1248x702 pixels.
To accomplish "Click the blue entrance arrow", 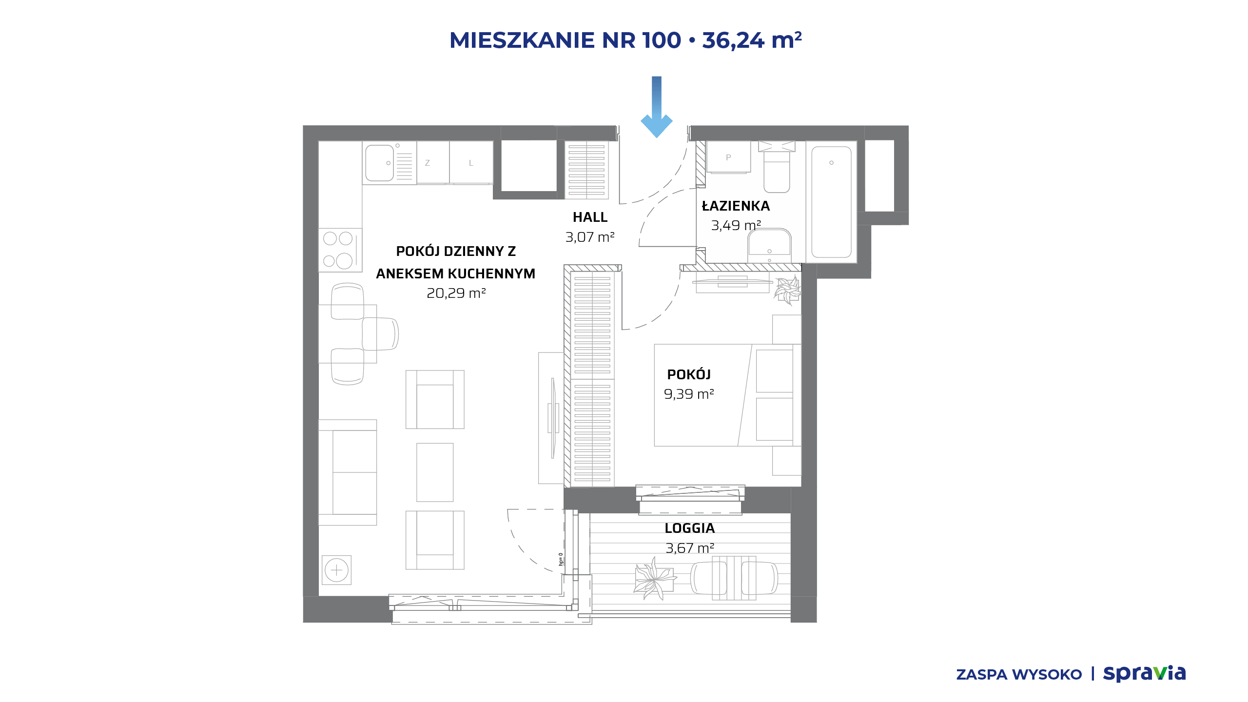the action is tap(657, 107).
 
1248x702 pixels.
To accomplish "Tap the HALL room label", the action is tap(590, 217).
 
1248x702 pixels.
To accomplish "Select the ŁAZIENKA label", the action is tap(736, 206).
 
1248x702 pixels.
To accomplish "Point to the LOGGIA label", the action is tap(690, 528).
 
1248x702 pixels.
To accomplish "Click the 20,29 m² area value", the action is tap(456, 293).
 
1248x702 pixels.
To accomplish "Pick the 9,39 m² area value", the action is tap(689, 394).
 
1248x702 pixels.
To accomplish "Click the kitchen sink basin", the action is tap(379, 163).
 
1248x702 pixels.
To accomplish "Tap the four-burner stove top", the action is tap(340, 250).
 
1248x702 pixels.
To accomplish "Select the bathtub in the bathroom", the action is tap(831, 202).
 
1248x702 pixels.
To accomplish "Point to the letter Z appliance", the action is tap(428, 163).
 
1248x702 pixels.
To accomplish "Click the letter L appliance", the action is tap(471, 163).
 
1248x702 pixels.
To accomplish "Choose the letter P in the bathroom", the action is tap(728, 157).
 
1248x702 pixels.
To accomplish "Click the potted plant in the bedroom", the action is tap(787, 290).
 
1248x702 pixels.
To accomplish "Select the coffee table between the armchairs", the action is tap(435, 472).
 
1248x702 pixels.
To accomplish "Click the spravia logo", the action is tap(1144, 674).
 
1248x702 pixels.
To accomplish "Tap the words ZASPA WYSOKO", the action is tap(1019, 675).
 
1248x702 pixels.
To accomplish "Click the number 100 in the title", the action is tap(662, 40).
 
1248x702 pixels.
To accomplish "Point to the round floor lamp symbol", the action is tap(336, 570).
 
